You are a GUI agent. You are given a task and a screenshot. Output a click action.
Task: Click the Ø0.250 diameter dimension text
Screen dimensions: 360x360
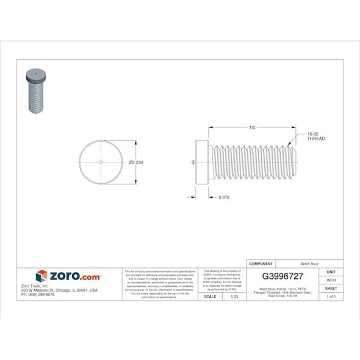point(136,162)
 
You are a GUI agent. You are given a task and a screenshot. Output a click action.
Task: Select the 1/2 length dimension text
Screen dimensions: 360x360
point(252,127)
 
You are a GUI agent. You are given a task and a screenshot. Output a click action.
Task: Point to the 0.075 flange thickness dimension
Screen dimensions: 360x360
point(223,197)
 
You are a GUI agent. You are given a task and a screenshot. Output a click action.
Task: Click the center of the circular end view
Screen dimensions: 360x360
point(101,162)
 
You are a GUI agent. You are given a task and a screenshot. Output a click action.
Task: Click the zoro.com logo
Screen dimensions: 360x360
point(68,276)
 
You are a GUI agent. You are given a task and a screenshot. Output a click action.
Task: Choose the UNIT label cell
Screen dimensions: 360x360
point(331,272)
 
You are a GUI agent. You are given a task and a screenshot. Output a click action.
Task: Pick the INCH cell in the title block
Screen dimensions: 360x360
point(331,280)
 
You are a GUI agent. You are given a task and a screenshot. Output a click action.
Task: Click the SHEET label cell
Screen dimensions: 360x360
point(331,288)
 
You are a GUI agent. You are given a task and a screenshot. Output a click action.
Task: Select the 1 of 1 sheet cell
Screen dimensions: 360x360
point(331,296)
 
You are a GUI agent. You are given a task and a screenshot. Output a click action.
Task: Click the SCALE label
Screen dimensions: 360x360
point(209,296)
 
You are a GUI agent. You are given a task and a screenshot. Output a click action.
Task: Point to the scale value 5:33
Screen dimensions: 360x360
point(234,296)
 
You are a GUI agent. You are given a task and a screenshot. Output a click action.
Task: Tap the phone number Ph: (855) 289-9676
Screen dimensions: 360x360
point(38,294)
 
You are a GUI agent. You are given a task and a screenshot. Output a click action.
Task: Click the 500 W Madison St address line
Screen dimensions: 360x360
point(59,290)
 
